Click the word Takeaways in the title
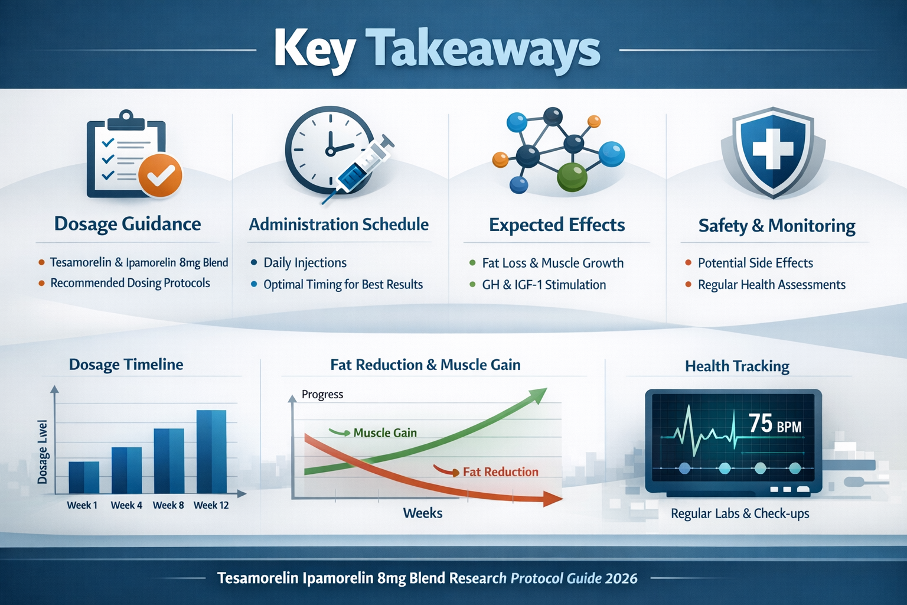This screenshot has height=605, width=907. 482,50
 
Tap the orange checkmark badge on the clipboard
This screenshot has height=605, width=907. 160,175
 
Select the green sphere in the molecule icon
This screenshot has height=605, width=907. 572,177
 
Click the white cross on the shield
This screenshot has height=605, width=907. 772,149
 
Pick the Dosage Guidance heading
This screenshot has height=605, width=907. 128,224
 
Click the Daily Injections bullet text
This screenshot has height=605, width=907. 305,263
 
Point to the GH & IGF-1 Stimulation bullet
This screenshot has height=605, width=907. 543,285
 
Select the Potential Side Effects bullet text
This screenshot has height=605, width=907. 755,263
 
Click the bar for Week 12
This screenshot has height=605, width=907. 211,451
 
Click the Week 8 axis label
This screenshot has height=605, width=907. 168,505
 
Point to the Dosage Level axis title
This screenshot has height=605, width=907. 43,452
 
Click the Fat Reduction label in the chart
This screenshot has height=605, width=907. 500,471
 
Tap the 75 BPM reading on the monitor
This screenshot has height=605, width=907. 775,424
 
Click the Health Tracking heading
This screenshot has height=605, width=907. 737,366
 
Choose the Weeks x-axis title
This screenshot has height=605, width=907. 423,513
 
